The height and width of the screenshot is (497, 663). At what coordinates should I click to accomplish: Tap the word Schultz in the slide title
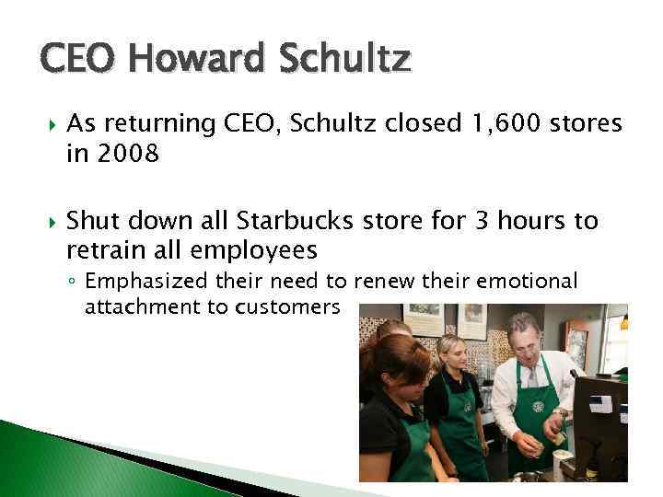click(x=349, y=60)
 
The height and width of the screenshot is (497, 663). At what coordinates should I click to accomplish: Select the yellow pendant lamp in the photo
click(x=623, y=322)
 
